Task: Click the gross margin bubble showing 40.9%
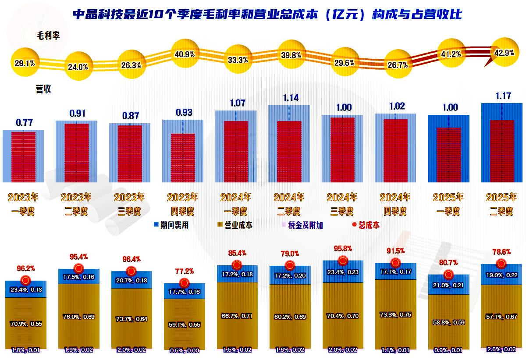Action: pos(185,54)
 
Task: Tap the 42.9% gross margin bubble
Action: pos(504,53)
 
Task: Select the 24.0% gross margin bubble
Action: pos(78,67)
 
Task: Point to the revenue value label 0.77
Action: pos(24,123)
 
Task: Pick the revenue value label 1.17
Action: pos(503,96)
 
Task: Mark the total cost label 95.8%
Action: pos(343,250)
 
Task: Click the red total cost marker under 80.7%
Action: pos(448,275)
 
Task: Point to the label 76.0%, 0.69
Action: pos(79,317)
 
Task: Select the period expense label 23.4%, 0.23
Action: pos(343,272)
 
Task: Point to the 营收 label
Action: pos(43,89)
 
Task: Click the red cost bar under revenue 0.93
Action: pos(183,158)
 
